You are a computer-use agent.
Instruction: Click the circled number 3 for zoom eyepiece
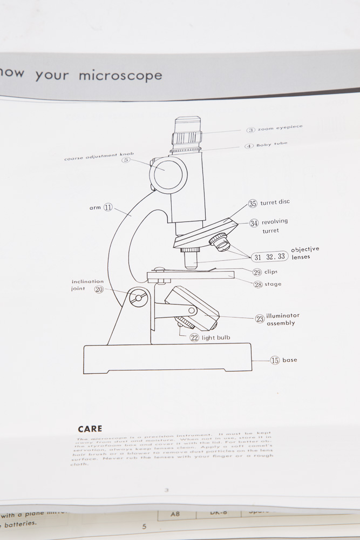[x=251, y=130]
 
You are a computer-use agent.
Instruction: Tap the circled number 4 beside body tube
[x=249, y=146]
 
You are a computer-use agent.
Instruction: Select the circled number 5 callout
[x=126, y=160]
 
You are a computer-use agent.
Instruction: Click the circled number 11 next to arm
[x=108, y=207]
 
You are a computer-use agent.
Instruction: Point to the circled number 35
[x=253, y=204]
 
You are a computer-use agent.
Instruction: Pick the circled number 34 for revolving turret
[x=254, y=223]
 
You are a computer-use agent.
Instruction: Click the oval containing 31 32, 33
[x=270, y=257]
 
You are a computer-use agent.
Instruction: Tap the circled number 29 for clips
[x=257, y=272]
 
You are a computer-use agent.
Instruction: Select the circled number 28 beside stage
[x=257, y=284]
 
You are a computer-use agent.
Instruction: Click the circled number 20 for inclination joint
[x=99, y=289]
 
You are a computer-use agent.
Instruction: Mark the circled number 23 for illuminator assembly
[x=260, y=319]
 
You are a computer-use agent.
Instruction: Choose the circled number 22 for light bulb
[x=194, y=337]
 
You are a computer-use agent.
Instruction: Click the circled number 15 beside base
[x=275, y=360]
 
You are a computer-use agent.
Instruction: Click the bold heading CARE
[x=90, y=429]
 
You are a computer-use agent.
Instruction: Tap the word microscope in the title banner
[x=120, y=75]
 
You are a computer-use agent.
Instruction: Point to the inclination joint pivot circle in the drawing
[x=139, y=297]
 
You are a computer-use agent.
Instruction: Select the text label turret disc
[x=275, y=202]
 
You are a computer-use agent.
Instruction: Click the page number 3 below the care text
[x=166, y=490]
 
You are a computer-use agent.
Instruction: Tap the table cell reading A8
[x=175, y=514]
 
